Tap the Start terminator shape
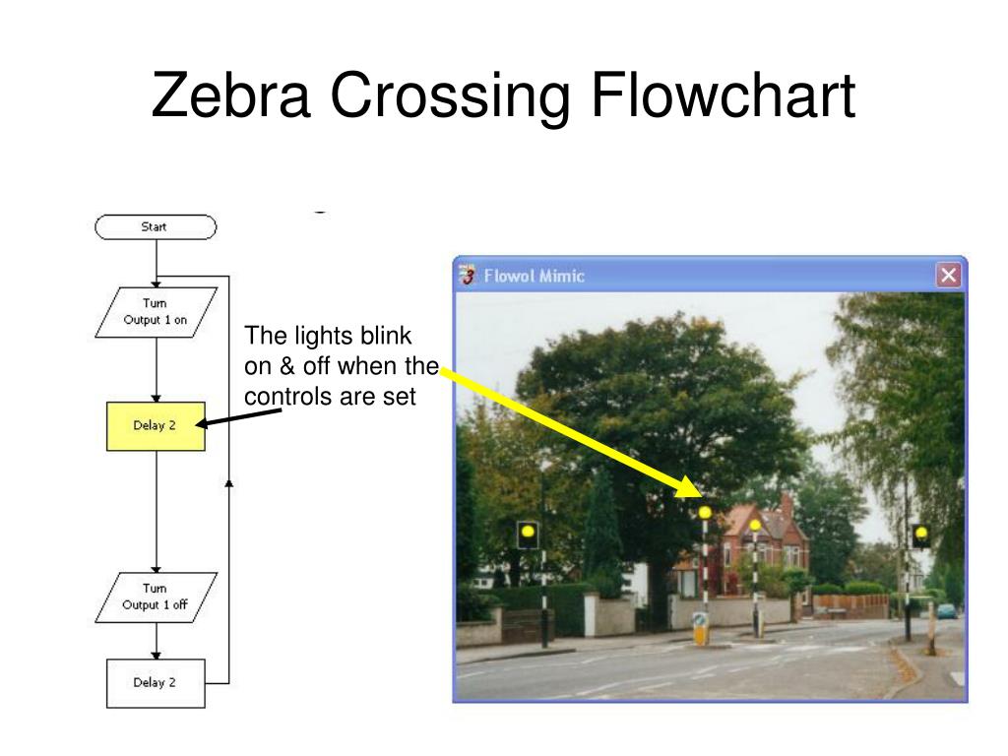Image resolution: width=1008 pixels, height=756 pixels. (155, 227)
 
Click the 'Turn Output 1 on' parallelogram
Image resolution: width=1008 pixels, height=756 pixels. (155, 312)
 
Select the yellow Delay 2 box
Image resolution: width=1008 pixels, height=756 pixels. (156, 426)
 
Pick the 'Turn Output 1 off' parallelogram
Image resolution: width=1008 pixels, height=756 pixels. (155, 597)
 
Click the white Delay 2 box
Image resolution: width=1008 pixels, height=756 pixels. (156, 683)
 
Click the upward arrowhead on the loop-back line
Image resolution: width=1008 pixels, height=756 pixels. (229, 482)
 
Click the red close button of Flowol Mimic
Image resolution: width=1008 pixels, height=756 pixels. (949, 276)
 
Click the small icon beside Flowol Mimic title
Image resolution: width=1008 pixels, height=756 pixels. (470, 276)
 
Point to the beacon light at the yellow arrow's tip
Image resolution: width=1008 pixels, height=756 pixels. (705, 512)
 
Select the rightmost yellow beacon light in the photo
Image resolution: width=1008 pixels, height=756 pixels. (921, 535)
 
